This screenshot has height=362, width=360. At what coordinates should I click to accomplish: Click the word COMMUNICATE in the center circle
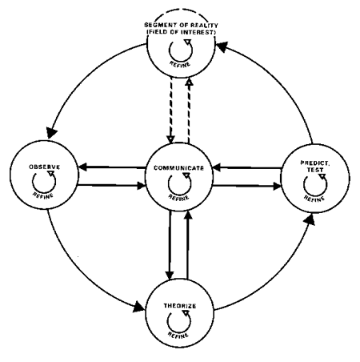pos(178,168)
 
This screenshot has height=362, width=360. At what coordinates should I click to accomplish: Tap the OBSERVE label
pos(45,167)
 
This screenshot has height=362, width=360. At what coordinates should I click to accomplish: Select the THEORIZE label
pos(180,306)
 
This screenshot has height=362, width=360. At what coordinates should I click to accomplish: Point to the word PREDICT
pos(315,163)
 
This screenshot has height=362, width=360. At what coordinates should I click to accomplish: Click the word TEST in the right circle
pos(315,170)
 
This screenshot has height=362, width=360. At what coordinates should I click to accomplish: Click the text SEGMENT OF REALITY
pos(181,25)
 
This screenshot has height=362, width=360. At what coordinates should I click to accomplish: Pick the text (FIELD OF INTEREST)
pos(181,32)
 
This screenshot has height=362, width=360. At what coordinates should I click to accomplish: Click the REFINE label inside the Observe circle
pos(43,195)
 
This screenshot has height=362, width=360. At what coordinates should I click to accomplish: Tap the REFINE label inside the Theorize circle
pos(178,334)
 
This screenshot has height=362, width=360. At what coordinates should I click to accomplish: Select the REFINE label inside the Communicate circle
pos(178,197)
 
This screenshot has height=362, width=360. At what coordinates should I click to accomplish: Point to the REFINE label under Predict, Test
pos(314,198)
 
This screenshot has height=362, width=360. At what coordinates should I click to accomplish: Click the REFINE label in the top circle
pos(180,64)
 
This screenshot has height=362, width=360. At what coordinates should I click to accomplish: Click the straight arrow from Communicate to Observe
pos(112,167)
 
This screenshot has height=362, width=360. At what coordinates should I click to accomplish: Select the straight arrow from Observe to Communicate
pos(111,185)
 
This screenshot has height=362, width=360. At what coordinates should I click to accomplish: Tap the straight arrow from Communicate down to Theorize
pos(170,245)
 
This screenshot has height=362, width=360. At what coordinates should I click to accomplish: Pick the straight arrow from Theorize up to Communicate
pos(188,245)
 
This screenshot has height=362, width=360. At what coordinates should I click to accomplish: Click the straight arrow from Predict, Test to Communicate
pos(247,167)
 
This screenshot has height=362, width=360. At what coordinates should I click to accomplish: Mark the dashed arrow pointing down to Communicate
pos(170,111)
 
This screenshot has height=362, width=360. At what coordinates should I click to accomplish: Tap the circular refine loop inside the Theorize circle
pos(167,320)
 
